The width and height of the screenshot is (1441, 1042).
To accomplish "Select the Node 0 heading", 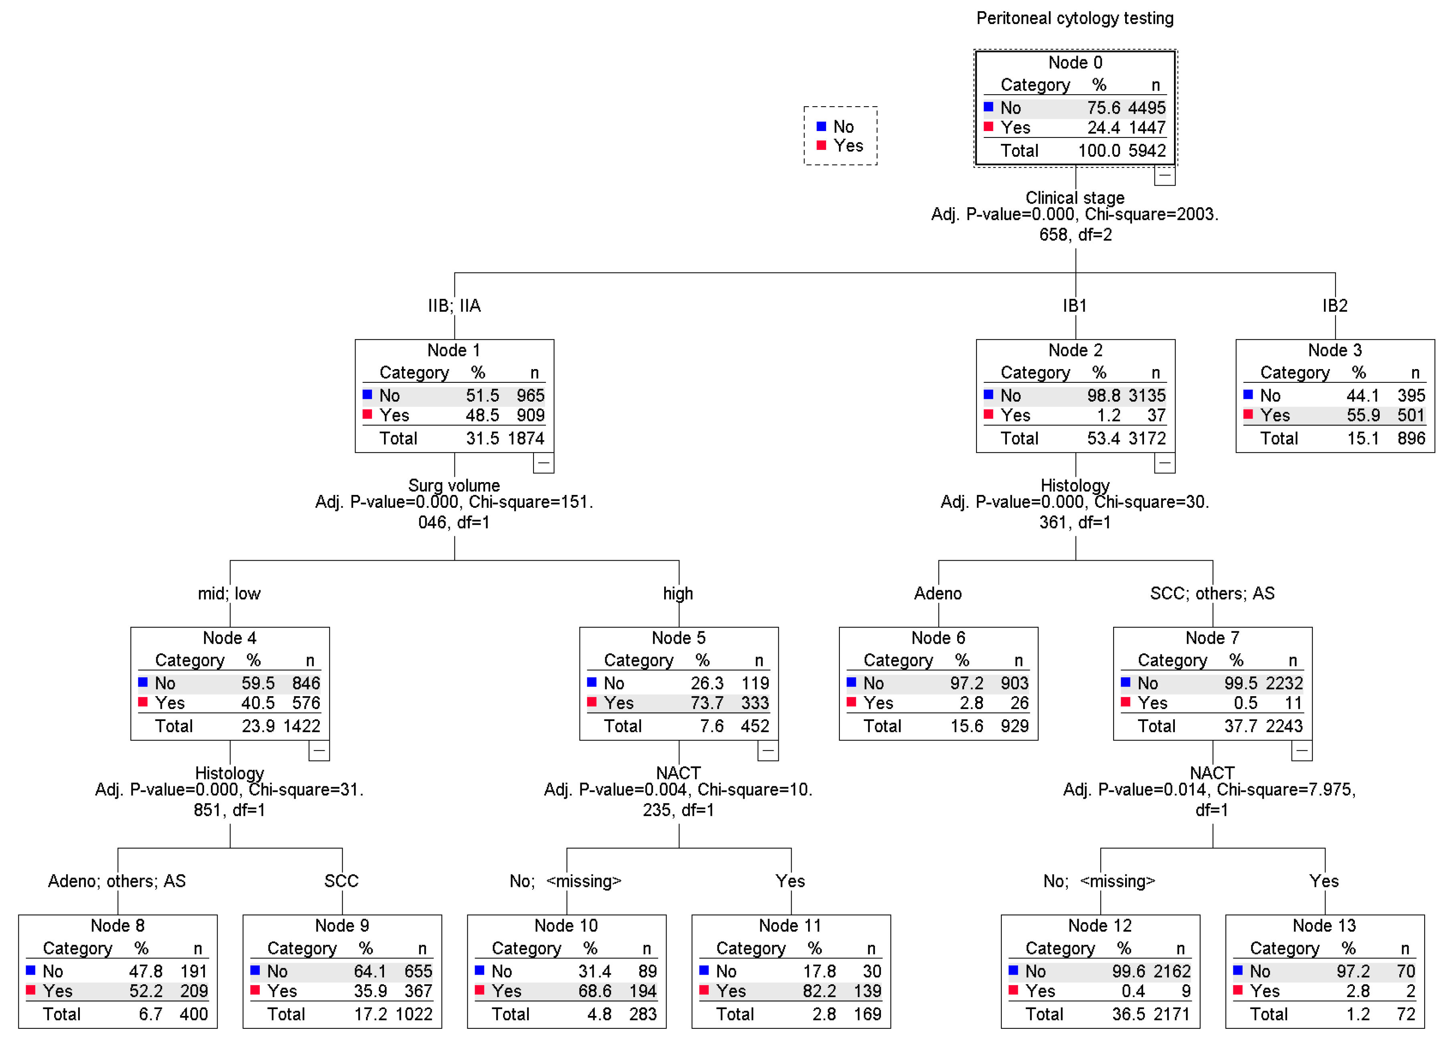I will click(1075, 62).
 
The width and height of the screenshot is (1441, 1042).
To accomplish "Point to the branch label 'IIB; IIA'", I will click(454, 306).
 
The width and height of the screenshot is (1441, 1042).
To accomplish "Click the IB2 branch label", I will click(1335, 306).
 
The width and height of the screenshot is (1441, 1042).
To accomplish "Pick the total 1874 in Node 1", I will click(525, 438).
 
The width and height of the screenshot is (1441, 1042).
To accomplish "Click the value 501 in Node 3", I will click(1411, 416).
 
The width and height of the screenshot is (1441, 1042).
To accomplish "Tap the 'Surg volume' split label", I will click(454, 485).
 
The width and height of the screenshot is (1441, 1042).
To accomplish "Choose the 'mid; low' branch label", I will click(229, 594).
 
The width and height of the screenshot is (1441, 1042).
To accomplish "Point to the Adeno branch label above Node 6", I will click(938, 594).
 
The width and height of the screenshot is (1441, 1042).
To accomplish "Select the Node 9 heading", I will click(342, 926).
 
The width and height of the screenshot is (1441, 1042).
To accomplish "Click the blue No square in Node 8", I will click(30, 970).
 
